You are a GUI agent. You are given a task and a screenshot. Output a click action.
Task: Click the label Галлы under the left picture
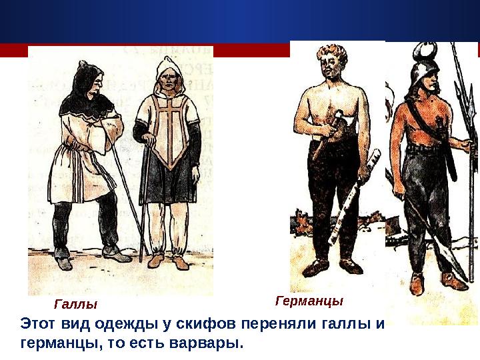click(75, 304)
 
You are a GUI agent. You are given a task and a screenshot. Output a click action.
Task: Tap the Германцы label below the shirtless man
click(309, 301)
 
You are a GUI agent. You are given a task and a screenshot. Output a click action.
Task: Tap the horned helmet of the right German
click(424, 63)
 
